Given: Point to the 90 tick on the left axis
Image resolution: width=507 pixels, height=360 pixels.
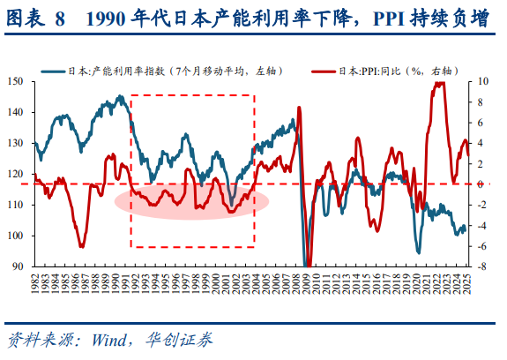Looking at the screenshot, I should coord(19,266).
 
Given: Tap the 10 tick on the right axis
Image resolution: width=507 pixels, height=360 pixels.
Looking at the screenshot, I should coord(484,81).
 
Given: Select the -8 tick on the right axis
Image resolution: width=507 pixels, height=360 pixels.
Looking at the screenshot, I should coord(484,266).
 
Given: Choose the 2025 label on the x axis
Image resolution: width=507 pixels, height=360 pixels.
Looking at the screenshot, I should coord(468,281).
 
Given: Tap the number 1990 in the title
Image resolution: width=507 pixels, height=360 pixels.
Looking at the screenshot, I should coord(103,20).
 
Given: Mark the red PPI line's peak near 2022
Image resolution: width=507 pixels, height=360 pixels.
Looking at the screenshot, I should coord(439,83).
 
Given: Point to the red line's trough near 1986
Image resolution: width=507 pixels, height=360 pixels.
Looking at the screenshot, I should coord(81,246).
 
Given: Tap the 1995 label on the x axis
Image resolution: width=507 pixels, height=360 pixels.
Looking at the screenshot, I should coord(168,281).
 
